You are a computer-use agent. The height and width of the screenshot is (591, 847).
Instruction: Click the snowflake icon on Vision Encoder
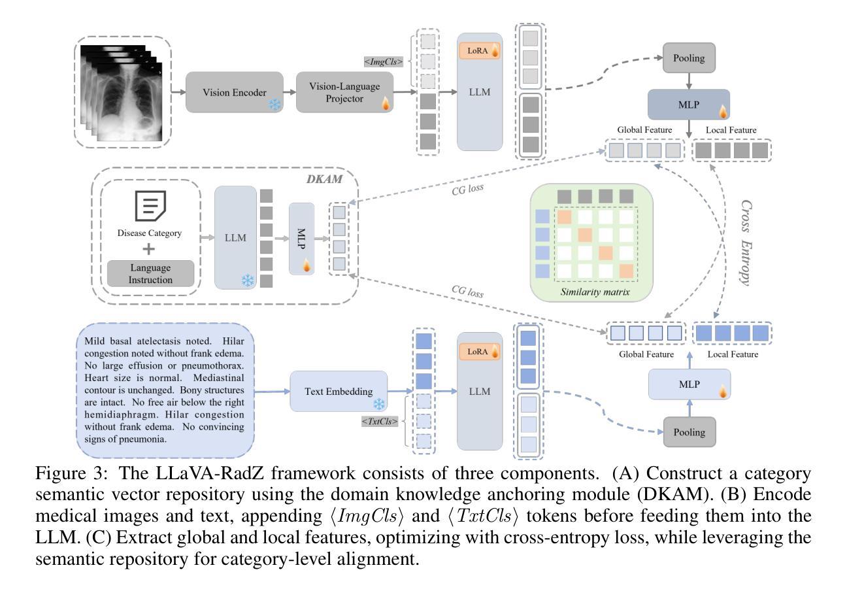pos(276,105)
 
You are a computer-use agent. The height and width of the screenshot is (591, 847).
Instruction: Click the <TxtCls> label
pos(380,422)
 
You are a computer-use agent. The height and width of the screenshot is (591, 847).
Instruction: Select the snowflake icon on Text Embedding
pos(378,404)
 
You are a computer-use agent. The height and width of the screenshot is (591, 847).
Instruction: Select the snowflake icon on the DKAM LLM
pos(247,280)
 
